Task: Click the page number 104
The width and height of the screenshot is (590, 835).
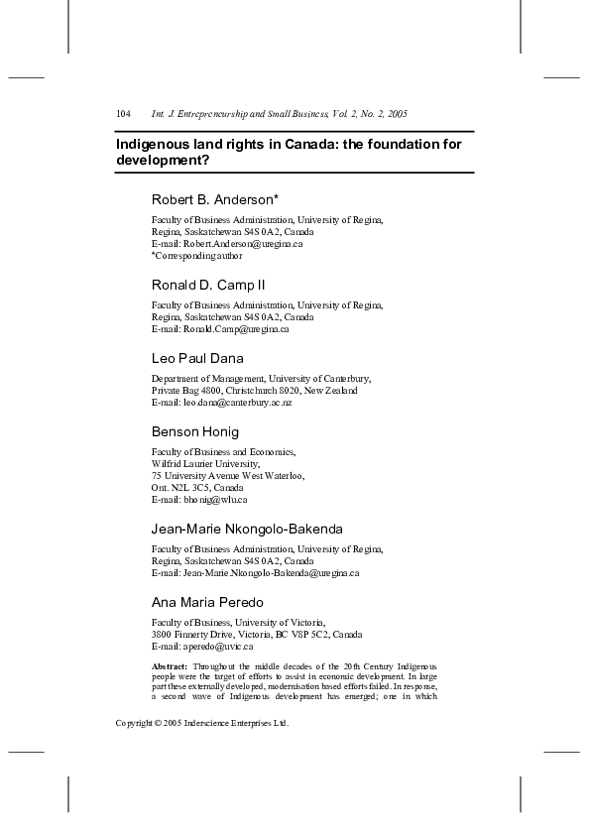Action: coord(124,115)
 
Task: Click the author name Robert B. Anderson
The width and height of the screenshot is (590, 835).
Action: coord(212,199)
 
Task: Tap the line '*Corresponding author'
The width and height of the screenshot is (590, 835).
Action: coord(196,255)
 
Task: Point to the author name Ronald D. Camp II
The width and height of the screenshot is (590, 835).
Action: coord(207,285)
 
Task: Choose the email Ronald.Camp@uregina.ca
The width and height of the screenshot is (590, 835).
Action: coord(234,328)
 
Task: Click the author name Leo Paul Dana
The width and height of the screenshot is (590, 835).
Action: coord(196,358)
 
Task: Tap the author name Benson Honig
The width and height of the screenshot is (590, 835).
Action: coord(194,431)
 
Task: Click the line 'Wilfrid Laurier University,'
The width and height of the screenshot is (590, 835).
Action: coord(205,463)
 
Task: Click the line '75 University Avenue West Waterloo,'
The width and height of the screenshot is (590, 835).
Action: coord(227,475)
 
